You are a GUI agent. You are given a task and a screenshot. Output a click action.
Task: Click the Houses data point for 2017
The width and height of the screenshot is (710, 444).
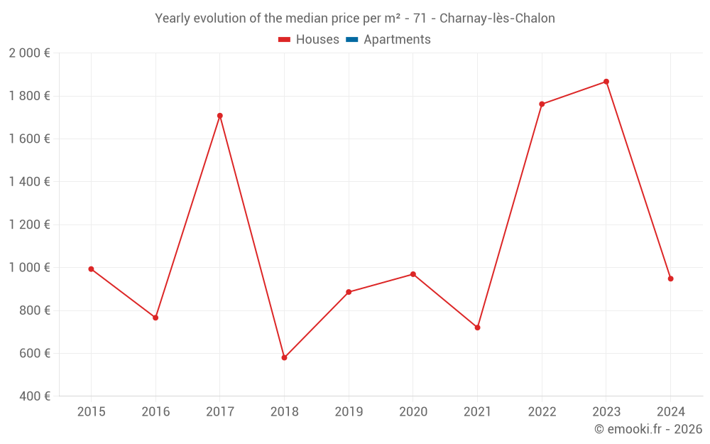220,116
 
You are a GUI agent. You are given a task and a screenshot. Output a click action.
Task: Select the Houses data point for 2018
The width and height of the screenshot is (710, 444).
284,357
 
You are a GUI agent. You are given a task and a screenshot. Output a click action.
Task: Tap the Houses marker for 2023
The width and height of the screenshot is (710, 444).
606,82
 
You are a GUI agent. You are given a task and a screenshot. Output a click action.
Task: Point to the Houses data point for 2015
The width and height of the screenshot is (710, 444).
91,269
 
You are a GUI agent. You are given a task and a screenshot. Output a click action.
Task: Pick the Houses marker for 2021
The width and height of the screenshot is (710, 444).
477,327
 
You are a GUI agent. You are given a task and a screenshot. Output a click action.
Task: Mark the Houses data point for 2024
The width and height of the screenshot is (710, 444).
670,278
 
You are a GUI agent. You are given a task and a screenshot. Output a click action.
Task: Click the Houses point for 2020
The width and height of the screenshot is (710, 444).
413,274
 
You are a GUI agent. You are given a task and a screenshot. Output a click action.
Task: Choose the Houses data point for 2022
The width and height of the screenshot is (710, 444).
542,104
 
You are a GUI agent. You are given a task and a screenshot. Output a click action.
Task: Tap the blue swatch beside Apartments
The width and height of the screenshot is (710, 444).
352,40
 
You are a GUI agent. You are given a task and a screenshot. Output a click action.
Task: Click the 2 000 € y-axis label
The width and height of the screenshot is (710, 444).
29,53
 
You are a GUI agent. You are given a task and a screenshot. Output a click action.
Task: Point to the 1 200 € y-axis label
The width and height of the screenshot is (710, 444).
29,224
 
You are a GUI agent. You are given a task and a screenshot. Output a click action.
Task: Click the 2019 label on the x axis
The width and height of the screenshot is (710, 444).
349,411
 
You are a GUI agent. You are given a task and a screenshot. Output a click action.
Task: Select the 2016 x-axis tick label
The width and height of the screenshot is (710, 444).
155,411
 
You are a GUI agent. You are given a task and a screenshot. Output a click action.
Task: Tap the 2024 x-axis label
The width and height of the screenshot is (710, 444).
670,411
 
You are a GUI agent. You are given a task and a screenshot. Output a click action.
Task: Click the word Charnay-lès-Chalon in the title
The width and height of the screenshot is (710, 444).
497,18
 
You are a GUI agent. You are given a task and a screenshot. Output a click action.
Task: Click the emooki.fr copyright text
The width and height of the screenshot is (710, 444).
648,429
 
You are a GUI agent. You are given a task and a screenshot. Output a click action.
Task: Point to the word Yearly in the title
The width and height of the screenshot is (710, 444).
173,18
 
